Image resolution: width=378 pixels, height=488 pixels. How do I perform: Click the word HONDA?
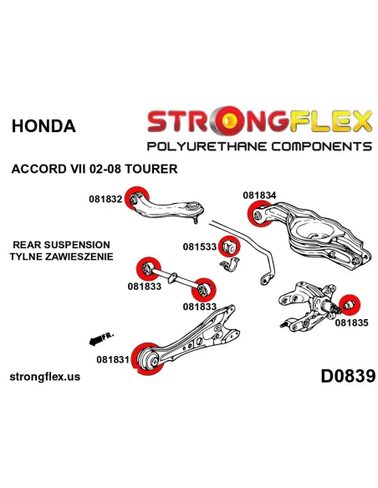coord(43,126)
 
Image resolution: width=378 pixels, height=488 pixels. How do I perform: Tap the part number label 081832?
coord(105,199)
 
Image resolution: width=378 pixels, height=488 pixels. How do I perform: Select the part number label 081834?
coord(259,196)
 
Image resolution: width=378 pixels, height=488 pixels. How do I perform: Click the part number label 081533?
coord(199,247)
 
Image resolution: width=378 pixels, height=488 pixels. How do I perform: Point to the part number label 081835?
coord(351,323)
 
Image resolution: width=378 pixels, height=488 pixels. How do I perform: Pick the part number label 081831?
coord(113,359)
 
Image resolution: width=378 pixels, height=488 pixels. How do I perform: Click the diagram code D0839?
coord(348,376)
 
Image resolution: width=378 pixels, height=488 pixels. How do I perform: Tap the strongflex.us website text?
coord(45,377)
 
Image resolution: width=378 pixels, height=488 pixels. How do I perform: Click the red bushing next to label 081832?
coord(136,200)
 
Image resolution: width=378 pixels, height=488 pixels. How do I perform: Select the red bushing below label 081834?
coord(260,214)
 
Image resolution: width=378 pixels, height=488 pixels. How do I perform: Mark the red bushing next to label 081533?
coord(229,247)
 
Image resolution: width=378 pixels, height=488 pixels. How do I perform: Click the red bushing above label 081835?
coord(349,304)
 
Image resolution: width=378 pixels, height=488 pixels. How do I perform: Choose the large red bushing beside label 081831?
coord(148,358)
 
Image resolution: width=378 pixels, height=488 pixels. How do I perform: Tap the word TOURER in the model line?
coord(151,169)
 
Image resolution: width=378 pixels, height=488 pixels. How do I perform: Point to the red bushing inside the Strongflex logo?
coord(229,119)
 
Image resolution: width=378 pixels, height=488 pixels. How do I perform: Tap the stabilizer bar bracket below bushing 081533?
coord(230,265)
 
